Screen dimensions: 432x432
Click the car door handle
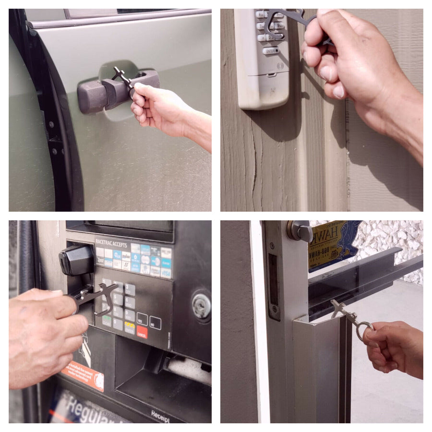point(103,91)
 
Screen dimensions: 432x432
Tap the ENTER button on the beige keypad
point(271,49)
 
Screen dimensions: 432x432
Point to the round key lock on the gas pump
point(201,304)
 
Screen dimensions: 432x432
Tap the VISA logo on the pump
point(166,273)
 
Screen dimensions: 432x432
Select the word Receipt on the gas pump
point(160,413)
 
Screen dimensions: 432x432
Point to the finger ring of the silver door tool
point(365,331)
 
